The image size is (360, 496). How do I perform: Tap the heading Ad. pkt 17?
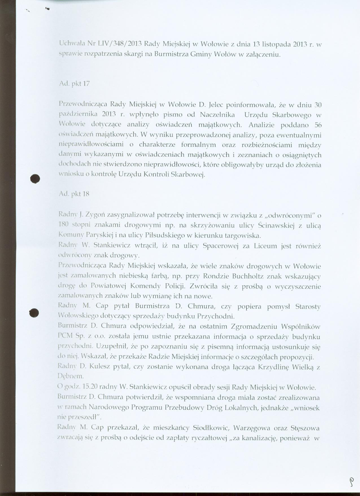(x=74, y=84)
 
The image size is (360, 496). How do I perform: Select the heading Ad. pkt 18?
(x=74, y=194)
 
